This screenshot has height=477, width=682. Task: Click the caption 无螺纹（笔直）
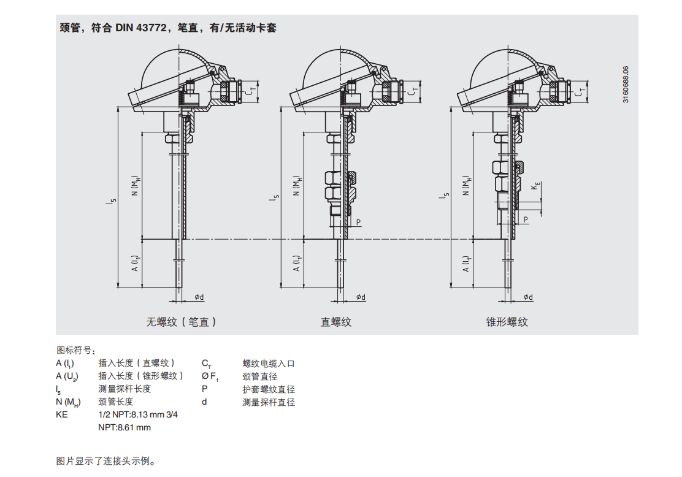pos(181,322)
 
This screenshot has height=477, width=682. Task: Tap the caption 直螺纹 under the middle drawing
pos(335,322)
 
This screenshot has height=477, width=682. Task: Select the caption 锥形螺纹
pos(507,322)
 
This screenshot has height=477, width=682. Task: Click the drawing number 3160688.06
pos(626,85)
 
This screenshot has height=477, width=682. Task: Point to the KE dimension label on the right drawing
pos(536,186)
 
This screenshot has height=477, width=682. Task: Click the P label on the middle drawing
pos(358,222)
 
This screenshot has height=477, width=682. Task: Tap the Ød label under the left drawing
pos(199,297)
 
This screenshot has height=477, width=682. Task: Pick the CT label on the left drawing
pos(251,91)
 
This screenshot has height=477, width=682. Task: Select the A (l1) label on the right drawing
pos(466,264)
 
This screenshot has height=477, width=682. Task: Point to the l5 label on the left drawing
pos(113,201)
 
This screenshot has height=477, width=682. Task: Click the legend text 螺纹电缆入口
pos(269,364)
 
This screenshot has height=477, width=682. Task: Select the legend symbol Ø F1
pos(210,376)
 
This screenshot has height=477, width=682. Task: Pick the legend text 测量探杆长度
pos(125,389)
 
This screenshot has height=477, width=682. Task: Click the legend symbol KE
pos(62,414)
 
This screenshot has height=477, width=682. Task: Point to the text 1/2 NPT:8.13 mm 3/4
pos(138,414)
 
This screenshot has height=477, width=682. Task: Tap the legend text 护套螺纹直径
pos(269,389)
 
